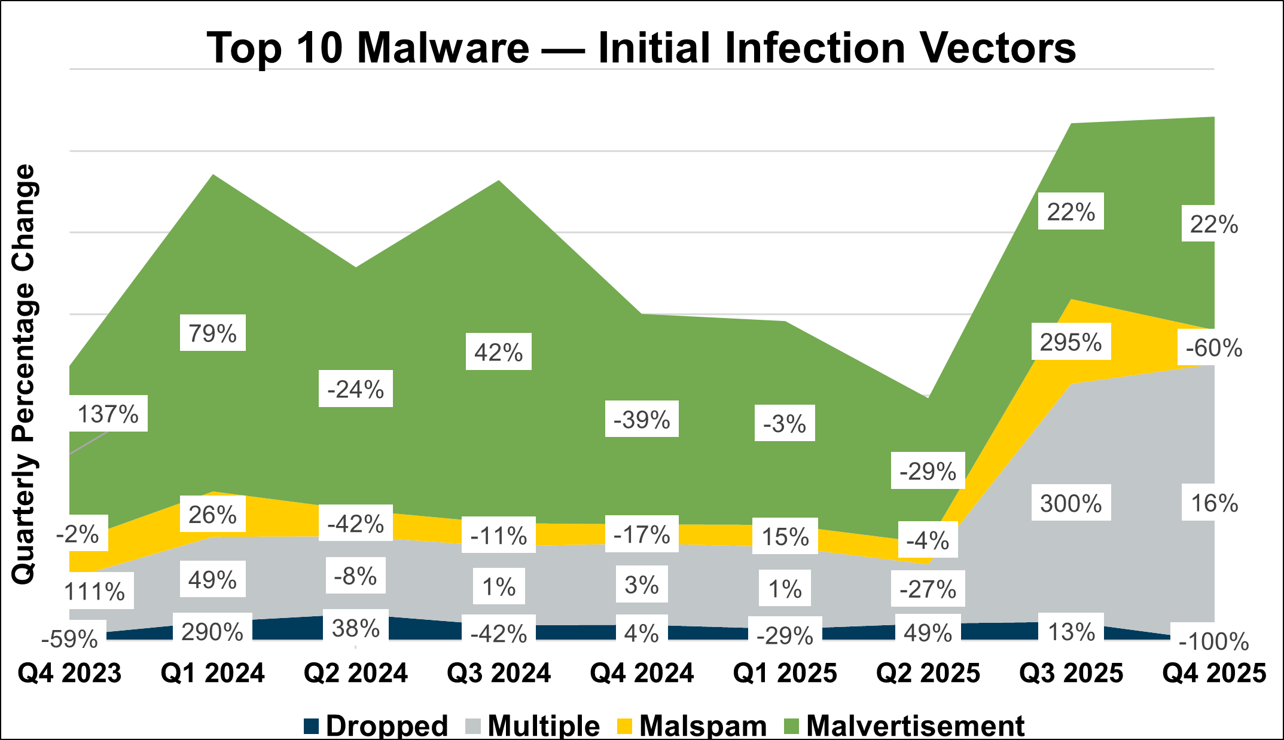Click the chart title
coord(641,48)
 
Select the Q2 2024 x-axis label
coord(356,674)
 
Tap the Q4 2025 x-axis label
coord(1214,674)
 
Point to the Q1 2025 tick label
coord(785,674)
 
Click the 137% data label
coord(108,414)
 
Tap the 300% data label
coord(1070,503)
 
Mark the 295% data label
coord(1070,343)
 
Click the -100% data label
coord(1214,642)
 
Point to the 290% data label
coord(212,632)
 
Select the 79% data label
coord(212,333)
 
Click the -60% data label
coord(1213,348)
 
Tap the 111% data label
coord(94,592)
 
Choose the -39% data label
coord(642,420)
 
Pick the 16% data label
coord(1214,503)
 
